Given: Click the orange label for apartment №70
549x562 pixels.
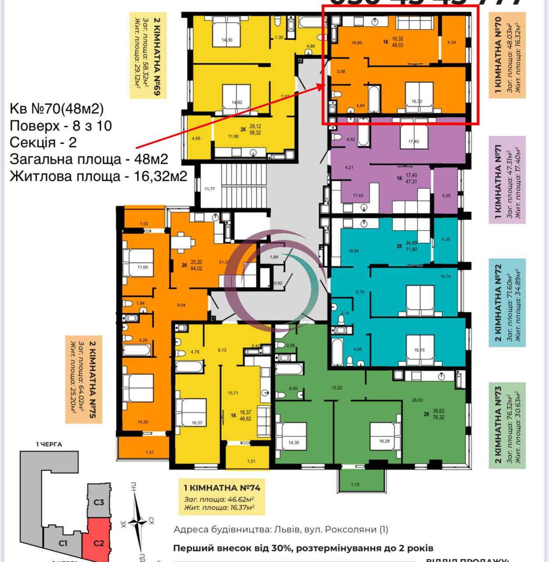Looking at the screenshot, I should [x=507, y=55].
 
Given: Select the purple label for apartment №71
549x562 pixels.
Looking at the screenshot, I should [x=507, y=180].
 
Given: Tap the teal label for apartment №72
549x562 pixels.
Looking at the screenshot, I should [x=507, y=303].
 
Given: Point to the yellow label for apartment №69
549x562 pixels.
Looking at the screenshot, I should [x=148, y=55].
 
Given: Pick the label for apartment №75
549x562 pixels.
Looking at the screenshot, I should [x=83, y=379].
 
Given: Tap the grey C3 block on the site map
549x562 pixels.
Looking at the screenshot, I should [x=99, y=501].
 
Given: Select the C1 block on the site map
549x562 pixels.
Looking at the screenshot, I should [x=63, y=543].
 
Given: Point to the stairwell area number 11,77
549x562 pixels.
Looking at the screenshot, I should [x=210, y=189].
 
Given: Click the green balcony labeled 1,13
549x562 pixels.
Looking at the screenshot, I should [x=355, y=484].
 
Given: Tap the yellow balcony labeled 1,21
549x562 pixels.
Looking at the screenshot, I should [x=251, y=461].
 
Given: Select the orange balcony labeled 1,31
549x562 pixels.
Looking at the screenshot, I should [x=150, y=452].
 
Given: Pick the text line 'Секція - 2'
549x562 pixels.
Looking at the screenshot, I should [x=43, y=142].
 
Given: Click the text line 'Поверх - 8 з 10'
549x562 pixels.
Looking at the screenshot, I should [x=61, y=126].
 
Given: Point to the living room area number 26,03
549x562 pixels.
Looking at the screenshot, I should [x=417, y=400].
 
